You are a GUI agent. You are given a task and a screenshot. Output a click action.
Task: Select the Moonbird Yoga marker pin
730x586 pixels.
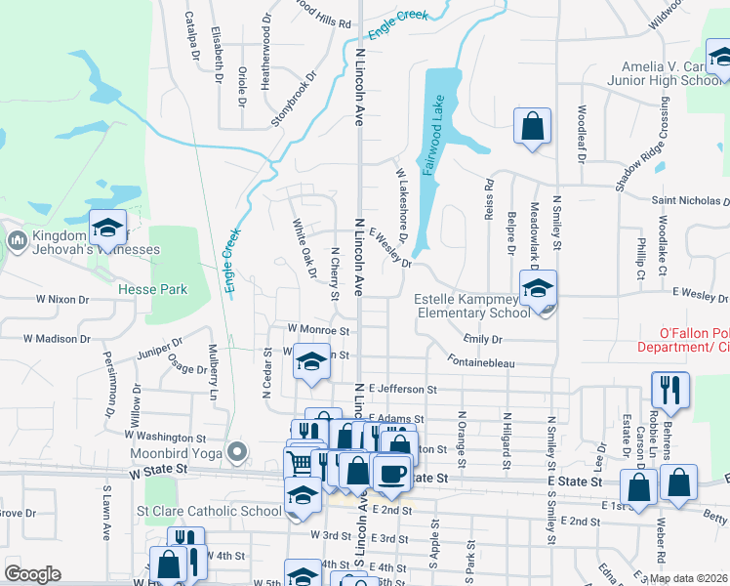tap(236, 452)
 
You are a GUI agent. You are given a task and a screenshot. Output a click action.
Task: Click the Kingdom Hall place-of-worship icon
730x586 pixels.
tap(17, 240)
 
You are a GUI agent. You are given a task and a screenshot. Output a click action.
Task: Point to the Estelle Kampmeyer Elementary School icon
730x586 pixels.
tap(537, 290)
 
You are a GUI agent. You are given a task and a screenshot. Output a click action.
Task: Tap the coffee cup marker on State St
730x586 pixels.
tap(391, 473)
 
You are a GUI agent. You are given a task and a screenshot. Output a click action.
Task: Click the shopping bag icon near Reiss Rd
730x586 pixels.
tap(532, 127)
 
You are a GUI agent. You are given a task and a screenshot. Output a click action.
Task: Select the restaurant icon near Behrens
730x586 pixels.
tap(669, 389)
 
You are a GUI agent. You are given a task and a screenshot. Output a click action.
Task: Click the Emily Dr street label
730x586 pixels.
tap(482, 339)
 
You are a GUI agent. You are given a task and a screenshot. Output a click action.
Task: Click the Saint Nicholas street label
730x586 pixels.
tap(689, 200)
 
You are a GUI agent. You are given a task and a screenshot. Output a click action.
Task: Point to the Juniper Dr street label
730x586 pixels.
tap(160, 348)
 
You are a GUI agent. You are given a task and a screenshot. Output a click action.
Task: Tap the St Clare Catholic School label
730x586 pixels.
tap(209, 510)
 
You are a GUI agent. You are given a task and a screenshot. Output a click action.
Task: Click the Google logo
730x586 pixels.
tap(31, 573)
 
